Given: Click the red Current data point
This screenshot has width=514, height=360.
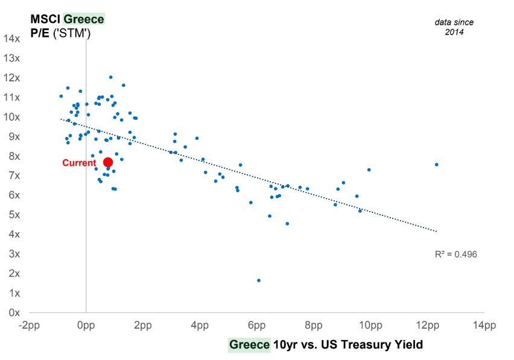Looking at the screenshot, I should [108, 162].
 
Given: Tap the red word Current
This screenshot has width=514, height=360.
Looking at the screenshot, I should [79, 163].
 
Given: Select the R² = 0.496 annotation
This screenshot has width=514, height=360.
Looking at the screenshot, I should [456, 254].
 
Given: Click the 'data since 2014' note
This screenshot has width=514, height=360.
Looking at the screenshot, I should [454, 27].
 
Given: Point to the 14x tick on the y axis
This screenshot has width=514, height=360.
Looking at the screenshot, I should [12, 39].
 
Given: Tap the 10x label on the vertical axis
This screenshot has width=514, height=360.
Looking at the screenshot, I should [12, 117].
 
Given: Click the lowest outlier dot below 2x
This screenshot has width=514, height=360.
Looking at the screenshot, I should [259, 280].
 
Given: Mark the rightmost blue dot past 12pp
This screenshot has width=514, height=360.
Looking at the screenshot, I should [436, 165].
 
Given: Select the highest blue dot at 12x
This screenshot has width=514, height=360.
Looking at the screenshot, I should [110, 77].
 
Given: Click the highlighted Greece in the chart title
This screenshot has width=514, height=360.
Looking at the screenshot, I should [84, 19].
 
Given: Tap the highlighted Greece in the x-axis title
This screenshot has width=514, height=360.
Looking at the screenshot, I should [249, 345].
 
